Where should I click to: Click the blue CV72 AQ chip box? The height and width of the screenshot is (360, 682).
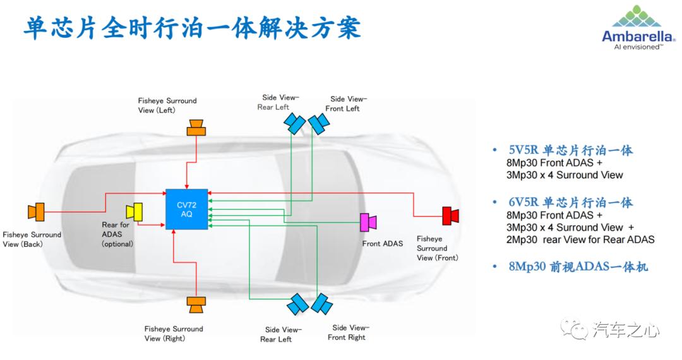[x=187, y=209]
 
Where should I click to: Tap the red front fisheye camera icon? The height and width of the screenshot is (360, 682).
[x=450, y=215]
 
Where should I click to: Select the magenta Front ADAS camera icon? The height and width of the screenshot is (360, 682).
[x=368, y=222]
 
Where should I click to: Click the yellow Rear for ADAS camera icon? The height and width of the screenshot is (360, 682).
[x=135, y=211]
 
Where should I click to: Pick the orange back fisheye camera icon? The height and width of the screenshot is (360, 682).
[x=36, y=212]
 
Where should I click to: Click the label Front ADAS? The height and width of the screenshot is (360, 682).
[x=383, y=244]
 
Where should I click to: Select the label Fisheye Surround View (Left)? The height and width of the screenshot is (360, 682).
[x=167, y=105]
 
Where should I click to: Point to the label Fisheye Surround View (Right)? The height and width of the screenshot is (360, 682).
[x=174, y=333]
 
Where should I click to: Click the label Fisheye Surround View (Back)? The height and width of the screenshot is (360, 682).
[x=32, y=239]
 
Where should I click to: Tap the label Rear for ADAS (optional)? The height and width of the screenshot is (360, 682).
[x=117, y=234]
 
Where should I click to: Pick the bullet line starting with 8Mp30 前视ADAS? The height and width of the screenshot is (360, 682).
[x=578, y=267]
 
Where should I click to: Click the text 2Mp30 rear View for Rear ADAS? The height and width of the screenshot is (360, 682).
[x=580, y=239]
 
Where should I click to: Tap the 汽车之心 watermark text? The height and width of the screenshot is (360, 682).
[x=626, y=330]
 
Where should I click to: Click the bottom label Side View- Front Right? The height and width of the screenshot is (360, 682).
[x=347, y=332]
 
